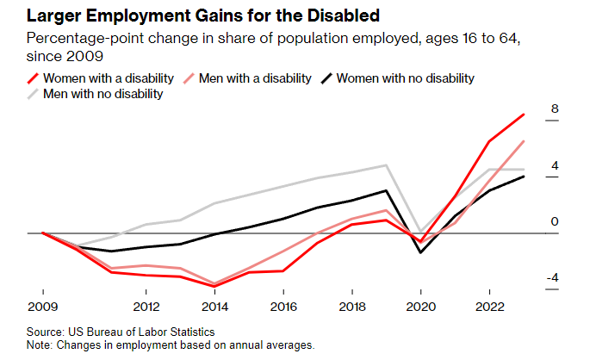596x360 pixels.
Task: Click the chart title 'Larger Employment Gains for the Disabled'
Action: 187,16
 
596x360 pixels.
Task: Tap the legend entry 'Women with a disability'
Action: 109,78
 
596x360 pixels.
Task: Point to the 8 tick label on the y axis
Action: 556,109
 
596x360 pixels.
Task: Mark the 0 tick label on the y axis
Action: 556,221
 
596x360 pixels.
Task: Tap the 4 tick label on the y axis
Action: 556,165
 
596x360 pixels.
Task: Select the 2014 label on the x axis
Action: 214,306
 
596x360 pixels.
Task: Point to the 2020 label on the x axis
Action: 421,306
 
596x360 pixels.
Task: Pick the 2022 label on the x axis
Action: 490,306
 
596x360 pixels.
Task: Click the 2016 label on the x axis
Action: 283,306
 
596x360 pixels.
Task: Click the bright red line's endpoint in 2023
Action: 525,115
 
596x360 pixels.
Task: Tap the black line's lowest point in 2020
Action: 421,252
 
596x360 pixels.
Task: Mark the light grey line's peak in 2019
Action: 387,165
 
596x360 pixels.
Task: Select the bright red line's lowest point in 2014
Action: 214,286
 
